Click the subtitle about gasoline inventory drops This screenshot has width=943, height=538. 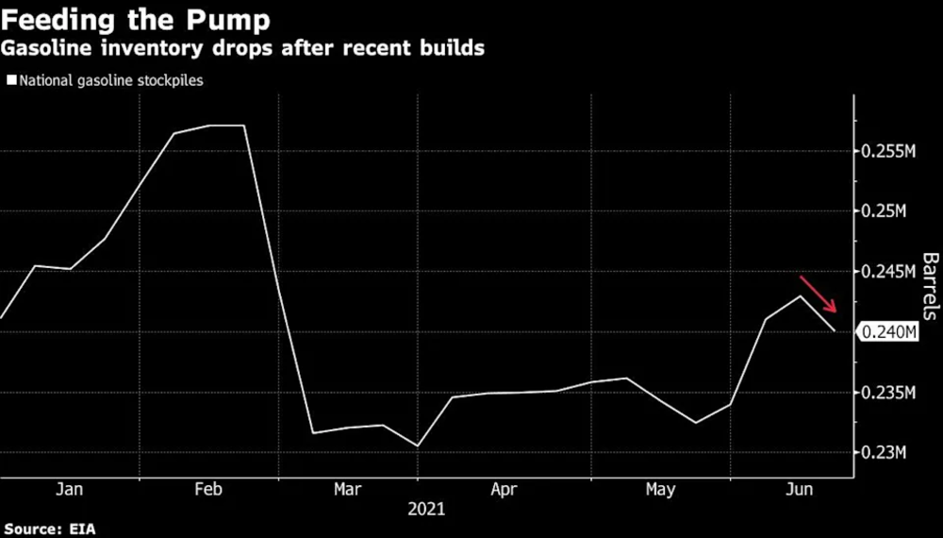pyautogui.click(x=243, y=48)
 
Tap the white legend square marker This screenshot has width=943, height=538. pyautogui.click(x=10, y=80)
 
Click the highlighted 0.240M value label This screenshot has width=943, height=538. pyautogui.click(x=890, y=332)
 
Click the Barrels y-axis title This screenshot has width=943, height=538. pyautogui.click(x=930, y=286)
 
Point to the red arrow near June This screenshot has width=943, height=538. pyautogui.click(x=819, y=294)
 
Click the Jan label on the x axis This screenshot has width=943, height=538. pyautogui.click(x=70, y=489)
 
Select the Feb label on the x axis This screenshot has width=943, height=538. pyautogui.click(x=207, y=489)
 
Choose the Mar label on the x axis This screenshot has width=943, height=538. pyautogui.click(x=346, y=489)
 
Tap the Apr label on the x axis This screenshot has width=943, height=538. pyautogui.click(x=503, y=489)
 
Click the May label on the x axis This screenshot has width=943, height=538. pyautogui.click(x=660, y=489)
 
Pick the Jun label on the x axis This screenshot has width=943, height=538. pyautogui.click(x=800, y=489)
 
